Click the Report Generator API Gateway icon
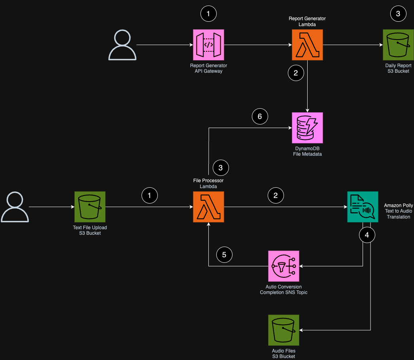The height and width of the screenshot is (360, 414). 208,45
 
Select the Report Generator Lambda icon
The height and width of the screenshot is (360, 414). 307,45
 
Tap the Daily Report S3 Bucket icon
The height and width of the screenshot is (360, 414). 398,45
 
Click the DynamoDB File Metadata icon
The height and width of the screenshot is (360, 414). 307,128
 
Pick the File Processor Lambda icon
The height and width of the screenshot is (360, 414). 208,207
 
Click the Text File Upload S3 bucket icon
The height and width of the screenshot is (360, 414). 90,207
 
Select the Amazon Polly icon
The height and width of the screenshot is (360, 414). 363,207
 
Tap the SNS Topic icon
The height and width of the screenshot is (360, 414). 284,266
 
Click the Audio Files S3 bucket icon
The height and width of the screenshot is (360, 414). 284,330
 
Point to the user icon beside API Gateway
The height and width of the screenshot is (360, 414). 123,45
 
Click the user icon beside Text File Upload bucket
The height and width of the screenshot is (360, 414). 15,207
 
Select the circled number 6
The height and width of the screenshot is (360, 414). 260,116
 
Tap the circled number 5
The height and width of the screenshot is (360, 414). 224,254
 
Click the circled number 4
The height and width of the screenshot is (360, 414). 367,235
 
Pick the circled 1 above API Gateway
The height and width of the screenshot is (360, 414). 208,14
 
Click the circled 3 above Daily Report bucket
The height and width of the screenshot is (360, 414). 398,14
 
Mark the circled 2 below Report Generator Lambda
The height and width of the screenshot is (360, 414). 296,72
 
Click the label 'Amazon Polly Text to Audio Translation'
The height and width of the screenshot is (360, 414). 398,211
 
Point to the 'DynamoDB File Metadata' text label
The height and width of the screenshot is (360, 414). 307,151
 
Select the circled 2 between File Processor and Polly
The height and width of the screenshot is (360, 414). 276,195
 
